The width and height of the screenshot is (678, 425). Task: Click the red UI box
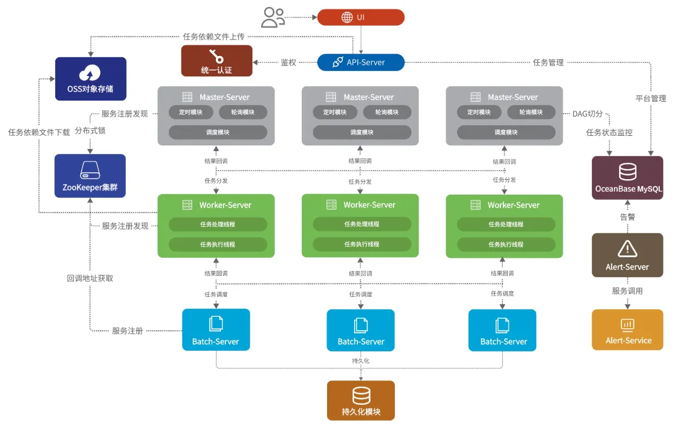[360, 18]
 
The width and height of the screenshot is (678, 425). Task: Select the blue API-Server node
[360, 62]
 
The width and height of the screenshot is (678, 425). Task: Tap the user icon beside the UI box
[273, 18]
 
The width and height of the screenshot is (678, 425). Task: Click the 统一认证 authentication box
[217, 60]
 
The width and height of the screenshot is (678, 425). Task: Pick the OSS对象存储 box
[91, 79]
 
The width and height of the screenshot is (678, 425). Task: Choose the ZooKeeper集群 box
[90, 176]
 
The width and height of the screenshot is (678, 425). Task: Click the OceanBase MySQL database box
[627, 178]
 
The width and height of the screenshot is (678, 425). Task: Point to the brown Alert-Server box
[627, 255]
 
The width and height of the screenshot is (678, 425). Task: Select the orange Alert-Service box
[627, 329]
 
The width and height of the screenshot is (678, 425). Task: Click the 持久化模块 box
[360, 400]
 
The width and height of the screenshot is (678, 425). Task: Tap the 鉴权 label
[288, 62]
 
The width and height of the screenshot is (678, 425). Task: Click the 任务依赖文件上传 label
[213, 36]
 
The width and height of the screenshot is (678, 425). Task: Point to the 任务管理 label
[548, 62]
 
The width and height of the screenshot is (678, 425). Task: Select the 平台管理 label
[651, 98]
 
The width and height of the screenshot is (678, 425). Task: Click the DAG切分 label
[588, 114]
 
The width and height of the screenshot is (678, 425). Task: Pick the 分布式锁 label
[90, 130]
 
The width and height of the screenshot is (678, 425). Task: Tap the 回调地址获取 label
[90, 278]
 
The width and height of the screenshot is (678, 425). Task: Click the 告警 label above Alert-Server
[627, 217]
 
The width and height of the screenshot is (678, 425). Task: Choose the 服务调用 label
[627, 290]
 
